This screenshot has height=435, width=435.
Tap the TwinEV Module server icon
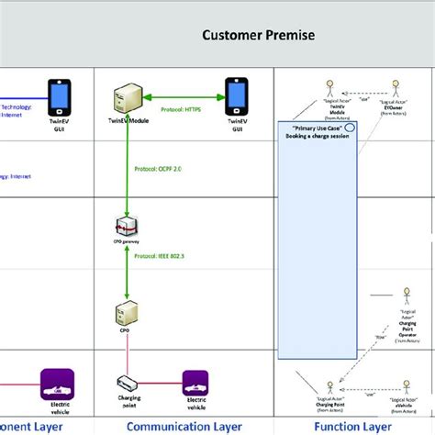(x=126, y=101)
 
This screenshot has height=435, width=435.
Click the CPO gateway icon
(x=127, y=228)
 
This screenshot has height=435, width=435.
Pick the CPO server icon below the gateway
(x=127, y=315)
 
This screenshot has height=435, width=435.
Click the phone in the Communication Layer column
(x=236, y=95)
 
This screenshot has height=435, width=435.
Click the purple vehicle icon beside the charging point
(x=195, y=381)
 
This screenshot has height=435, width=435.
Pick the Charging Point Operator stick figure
(x=404, y=299)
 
